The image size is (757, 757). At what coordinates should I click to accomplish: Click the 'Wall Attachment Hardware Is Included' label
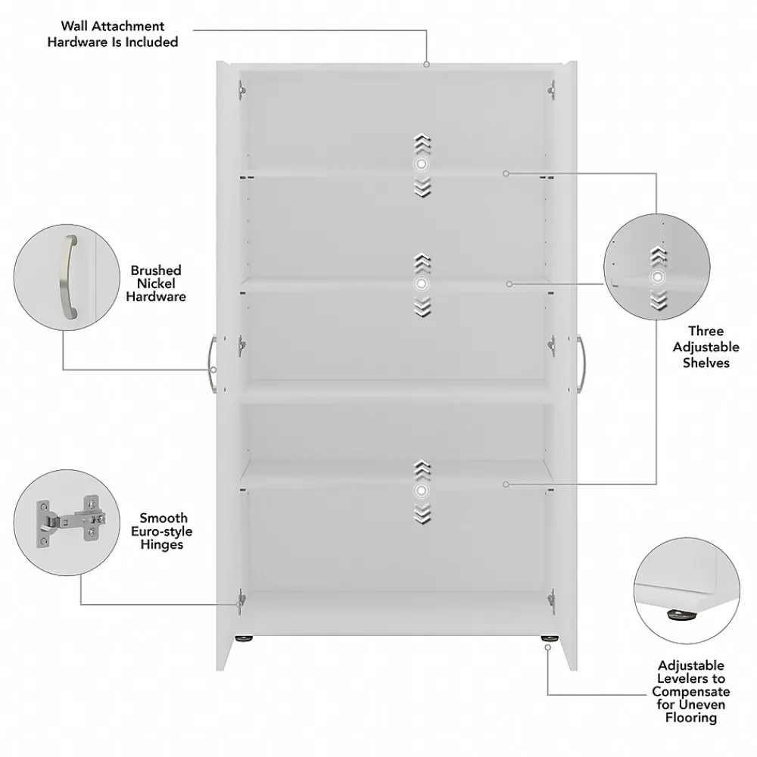coord(113,34)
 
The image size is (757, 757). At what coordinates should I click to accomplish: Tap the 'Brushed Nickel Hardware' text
coord(156,284)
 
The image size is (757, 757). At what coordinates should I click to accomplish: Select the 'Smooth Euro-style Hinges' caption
coord(163,531)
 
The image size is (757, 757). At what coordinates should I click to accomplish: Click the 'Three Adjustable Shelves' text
coord(706,347)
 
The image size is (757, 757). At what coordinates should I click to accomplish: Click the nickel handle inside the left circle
coord(66,277)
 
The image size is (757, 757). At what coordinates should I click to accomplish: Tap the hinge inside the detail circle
coord(67,522)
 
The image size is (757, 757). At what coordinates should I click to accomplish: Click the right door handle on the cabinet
coord(581,364)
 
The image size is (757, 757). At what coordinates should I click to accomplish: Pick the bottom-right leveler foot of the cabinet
coord(546,640)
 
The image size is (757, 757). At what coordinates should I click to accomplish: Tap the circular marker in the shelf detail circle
coord(657,277)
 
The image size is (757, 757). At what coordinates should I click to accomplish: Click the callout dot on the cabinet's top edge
coord(426,64)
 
